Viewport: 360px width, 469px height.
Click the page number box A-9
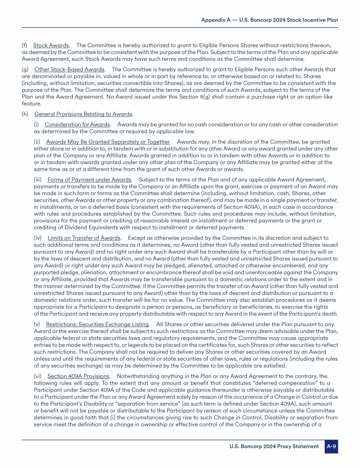point(331,446)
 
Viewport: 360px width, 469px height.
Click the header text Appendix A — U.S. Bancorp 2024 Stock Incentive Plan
point(270,20)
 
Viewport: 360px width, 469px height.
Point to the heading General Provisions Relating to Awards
point(83,114)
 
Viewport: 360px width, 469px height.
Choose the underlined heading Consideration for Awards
point(77,124)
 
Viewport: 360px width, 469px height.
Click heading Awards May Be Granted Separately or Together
point(108,142)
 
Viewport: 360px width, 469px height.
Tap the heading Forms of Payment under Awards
point(90,179)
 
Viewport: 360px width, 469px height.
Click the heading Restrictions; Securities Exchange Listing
point(97,324)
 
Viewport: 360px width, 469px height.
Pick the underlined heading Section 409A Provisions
point(78,376)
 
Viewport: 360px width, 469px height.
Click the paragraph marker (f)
point(25,45)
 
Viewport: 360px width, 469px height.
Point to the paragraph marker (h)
point(25,114)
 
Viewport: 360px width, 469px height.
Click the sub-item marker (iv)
point(38,238)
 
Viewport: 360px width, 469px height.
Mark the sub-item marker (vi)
point(38,376)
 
